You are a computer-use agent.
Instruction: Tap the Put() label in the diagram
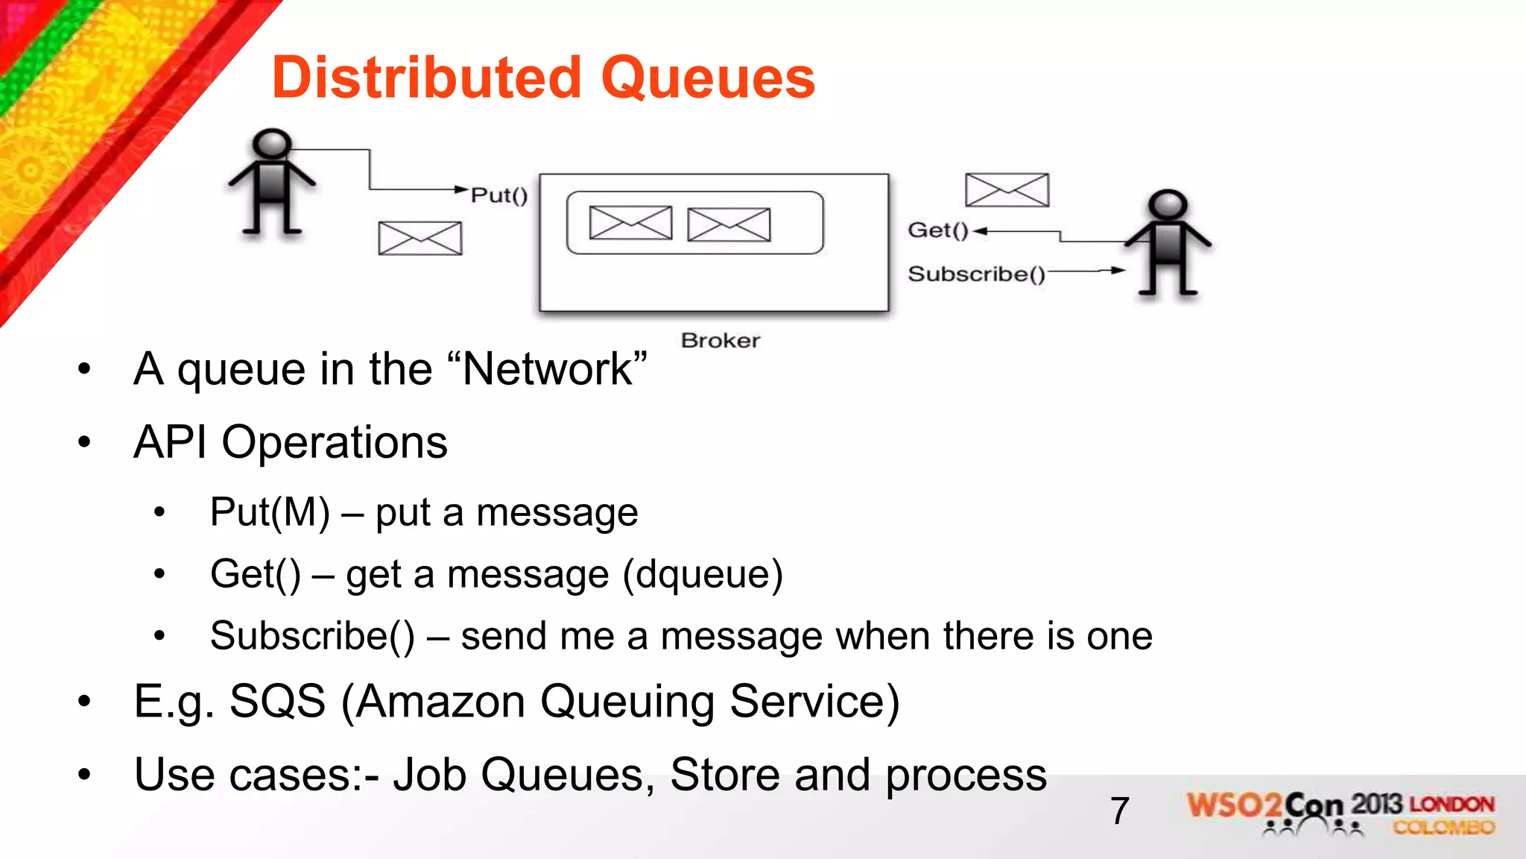tap(499, 195)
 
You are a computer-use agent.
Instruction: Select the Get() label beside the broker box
tap(937, 230)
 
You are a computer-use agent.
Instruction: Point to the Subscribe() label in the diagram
tap(976, 274)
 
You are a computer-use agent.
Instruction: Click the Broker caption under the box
tap(721, 341)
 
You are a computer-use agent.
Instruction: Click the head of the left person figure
tap(271, 142)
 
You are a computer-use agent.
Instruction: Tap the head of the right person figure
tap(1167, 204)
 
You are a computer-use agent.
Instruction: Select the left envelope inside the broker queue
tap(630, 223)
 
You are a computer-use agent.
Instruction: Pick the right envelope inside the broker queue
tap(729, 224)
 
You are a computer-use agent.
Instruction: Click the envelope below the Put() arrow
tap(420, 239)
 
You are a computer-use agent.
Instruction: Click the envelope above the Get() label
tap(1007, 190)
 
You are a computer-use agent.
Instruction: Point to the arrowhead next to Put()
tap(462, 189)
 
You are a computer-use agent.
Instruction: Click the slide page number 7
tap(1120, 811)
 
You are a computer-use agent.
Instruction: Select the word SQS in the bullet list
tap(277, 702)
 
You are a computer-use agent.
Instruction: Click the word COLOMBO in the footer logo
tap(1444, 828)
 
